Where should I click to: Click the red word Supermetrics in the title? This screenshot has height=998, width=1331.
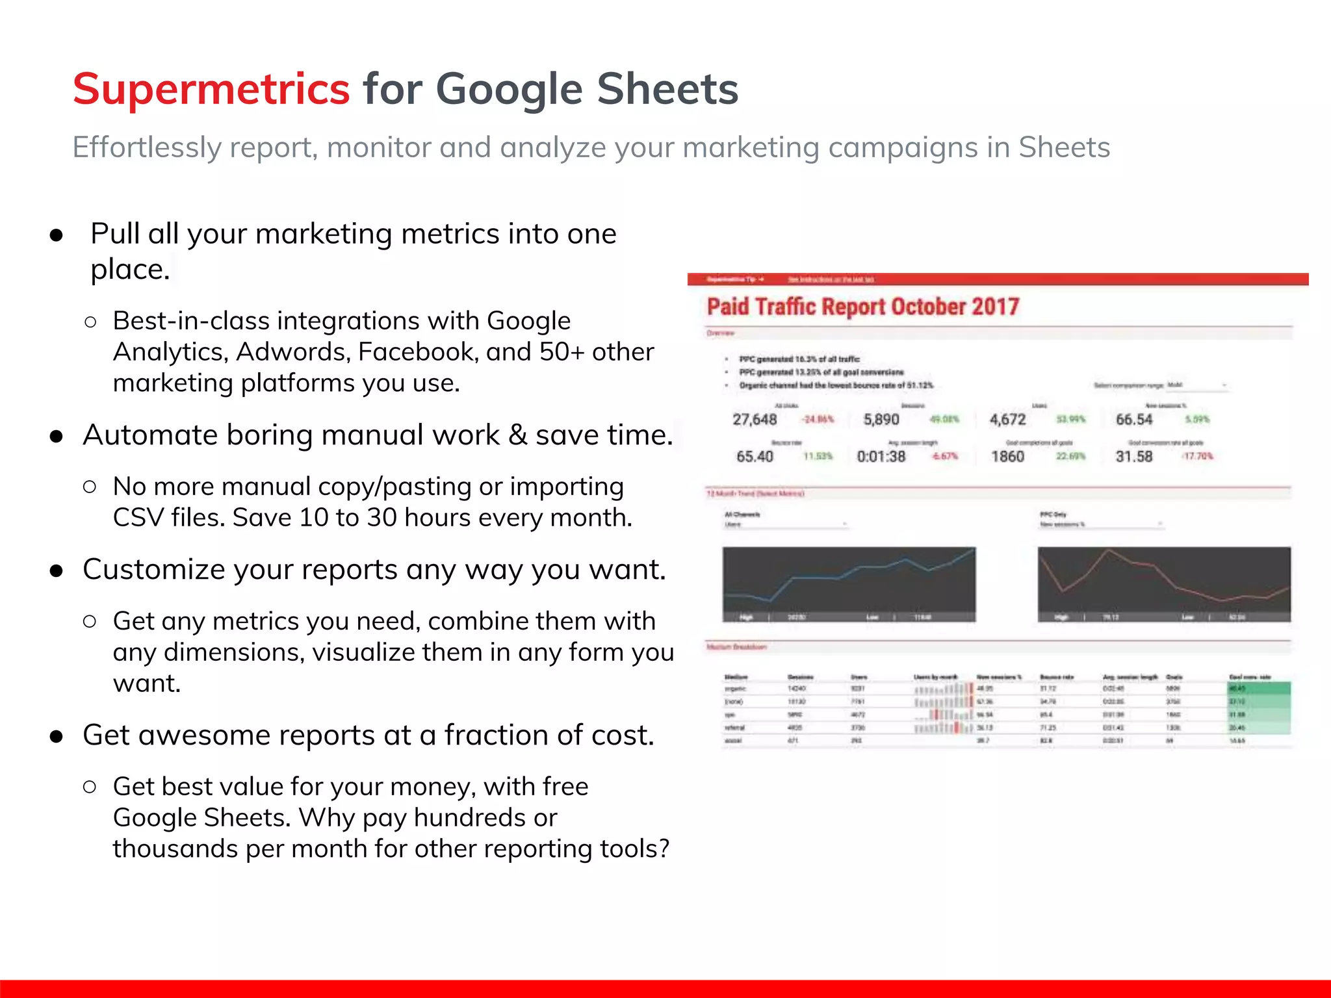coord(211,89)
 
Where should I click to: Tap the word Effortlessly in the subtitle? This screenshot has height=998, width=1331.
coord(147,147)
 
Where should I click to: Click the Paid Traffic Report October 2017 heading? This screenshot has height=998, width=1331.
coord(862,307)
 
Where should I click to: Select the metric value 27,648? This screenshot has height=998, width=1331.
coord(755,420)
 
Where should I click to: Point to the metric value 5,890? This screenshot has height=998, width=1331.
coord(881,420)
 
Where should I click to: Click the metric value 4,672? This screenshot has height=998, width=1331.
coord(1007,420)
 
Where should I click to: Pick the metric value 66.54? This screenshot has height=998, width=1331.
coord(1133,420)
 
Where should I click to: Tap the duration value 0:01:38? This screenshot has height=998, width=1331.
coord(881,457)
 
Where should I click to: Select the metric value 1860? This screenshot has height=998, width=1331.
coord(1007,457)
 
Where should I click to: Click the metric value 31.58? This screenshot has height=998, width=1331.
coord(1133,457)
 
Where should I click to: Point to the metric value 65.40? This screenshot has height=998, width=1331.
coord(755,457)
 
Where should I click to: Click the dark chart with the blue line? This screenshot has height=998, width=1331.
coord(849,583)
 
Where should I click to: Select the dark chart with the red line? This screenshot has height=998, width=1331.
coord(1163,583)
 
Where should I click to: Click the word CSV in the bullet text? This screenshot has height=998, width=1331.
coord(136,518)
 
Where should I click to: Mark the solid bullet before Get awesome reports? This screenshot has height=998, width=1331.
coord(57,737)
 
